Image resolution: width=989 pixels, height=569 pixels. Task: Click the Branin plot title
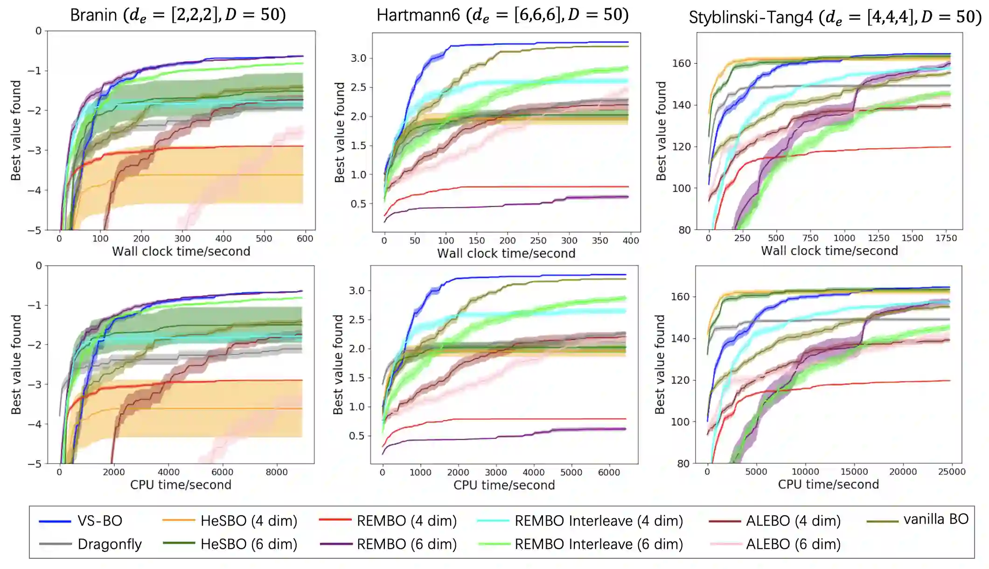pos(178,15)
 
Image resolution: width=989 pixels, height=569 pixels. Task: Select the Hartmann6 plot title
pos(502,15)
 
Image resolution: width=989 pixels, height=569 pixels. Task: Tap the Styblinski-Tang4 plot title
pos(835,17)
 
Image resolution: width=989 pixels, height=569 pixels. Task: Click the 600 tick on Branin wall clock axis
pos(305,239)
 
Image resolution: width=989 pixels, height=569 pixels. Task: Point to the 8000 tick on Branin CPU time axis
pos(277,472)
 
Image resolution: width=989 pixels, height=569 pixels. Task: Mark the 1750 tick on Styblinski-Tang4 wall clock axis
pos(946,238)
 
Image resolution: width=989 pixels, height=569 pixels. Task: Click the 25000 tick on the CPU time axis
pos(952,472)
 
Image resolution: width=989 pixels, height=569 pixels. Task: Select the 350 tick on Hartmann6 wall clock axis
pos(600,241)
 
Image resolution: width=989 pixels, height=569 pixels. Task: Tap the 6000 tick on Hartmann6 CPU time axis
pos(609,472)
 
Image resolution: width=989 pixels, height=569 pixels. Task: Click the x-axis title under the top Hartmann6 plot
pos(506,253)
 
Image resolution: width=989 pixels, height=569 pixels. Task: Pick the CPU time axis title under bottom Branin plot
pos(181,485)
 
